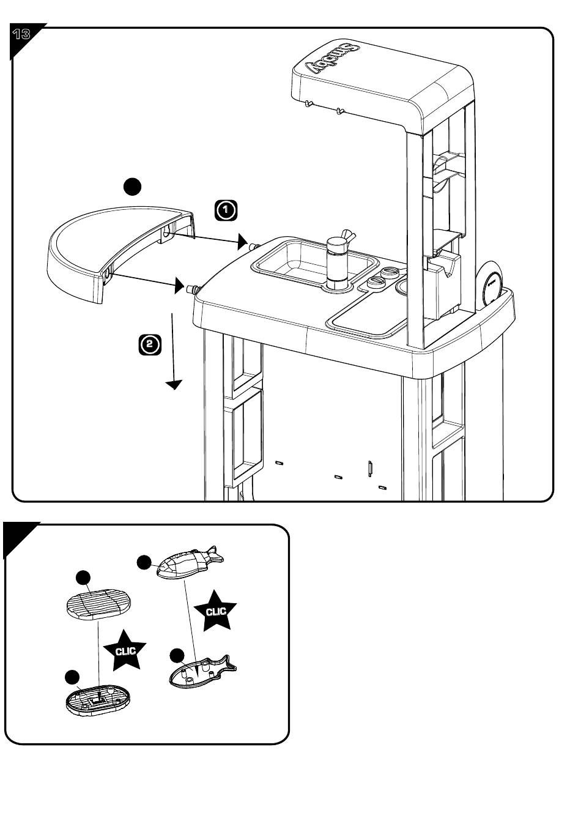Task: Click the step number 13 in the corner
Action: (x=21, y=34)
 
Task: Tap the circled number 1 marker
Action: (x=226, y=210)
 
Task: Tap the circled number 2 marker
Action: (x=150, y=344)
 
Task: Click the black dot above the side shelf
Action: (x=132, y=186)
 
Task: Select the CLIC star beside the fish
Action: (x=215, y=610)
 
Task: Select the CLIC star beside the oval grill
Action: (x=125, y=650)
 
